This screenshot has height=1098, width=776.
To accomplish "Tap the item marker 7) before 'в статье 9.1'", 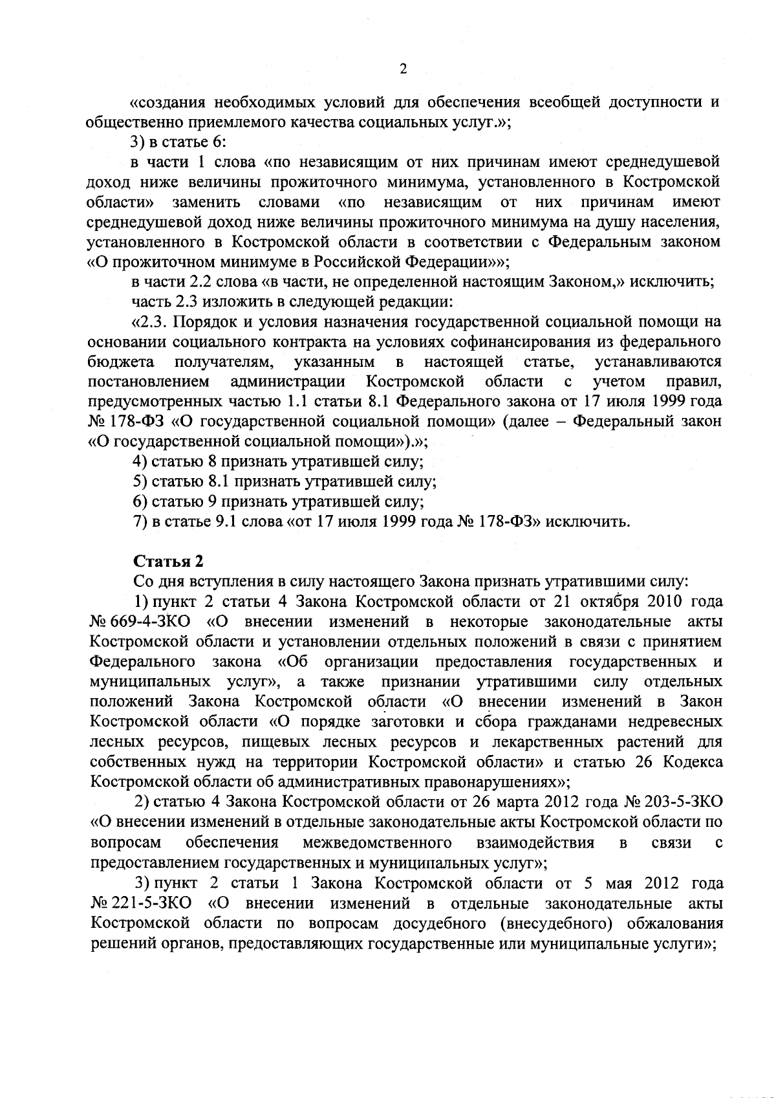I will pos(141,521).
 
